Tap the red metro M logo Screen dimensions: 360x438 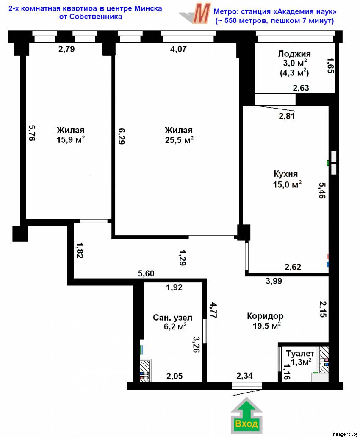tap(202, 14)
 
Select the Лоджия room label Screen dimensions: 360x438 tap(294, 53)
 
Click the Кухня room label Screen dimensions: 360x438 tap(286, 174)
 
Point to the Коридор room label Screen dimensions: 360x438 tap(265, 316)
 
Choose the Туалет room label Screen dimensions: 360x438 tap(300, 353)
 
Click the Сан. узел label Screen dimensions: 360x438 tap(172, 318)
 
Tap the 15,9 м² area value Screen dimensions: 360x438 tap(71, 139)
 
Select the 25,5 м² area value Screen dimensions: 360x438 tap(179, 139)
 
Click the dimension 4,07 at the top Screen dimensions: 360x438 tap(178, 49)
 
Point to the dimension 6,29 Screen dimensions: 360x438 tap(121, 136)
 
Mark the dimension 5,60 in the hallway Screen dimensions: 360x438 tap(146, 273)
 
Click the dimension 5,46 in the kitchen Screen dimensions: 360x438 tap(322, 190)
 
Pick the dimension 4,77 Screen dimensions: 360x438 tap(214, 310)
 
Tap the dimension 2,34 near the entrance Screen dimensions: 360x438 tap(244, 376)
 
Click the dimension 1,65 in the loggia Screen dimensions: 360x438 tap(330, 65)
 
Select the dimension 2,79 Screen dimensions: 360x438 tap(66, 49)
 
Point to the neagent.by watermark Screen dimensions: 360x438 tap(346, 434)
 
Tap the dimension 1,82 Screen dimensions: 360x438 tap(80, 250)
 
